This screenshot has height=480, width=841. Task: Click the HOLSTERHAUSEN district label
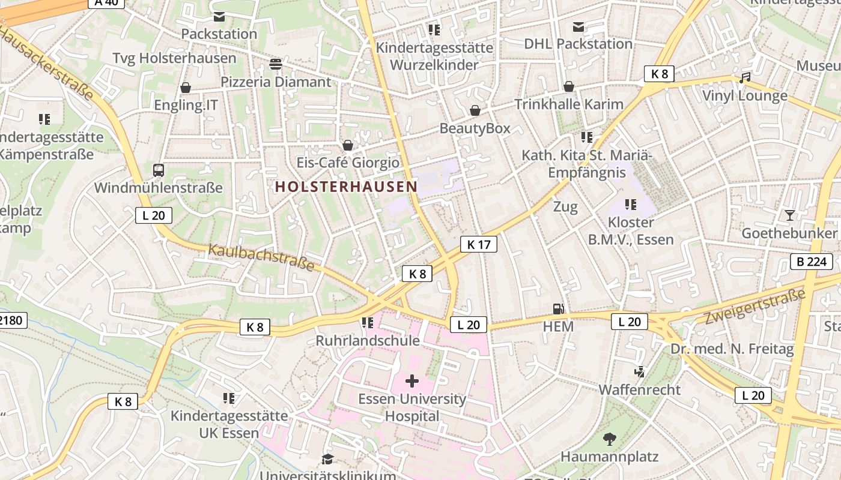tap(346, 187)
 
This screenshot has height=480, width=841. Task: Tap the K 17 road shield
tap(479, 244)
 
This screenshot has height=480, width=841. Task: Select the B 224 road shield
tap(811, 262)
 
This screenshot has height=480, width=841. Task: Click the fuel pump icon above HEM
tap(559, 309)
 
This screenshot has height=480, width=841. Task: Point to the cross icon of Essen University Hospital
tap(412, 381)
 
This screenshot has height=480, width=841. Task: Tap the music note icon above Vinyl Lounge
tap(745, 78)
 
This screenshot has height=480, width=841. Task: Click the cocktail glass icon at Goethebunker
tap(789, 215)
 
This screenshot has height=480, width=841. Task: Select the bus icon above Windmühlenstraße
tap(159, 170)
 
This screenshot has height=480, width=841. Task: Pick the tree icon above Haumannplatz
tap(610, 439)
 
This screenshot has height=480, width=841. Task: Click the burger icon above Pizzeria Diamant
tap(276, 64)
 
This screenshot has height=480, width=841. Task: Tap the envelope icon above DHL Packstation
tap(578, 26)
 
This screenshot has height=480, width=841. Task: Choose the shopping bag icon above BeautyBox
tap(475, 110)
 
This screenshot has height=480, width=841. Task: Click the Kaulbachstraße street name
tap(261, 257)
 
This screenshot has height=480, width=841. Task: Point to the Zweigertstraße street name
tap(754, 307)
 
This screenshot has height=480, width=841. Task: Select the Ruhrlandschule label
tap(368, 341)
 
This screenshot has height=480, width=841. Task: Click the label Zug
tap(565, 207)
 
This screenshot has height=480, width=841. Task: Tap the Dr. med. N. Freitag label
tap(732, 349)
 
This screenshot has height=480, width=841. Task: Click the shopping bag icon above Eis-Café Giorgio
tap(347, 145)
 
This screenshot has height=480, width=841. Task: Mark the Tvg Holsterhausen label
tap(175, 58)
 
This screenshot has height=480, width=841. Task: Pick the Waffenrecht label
tap(639, 390)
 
